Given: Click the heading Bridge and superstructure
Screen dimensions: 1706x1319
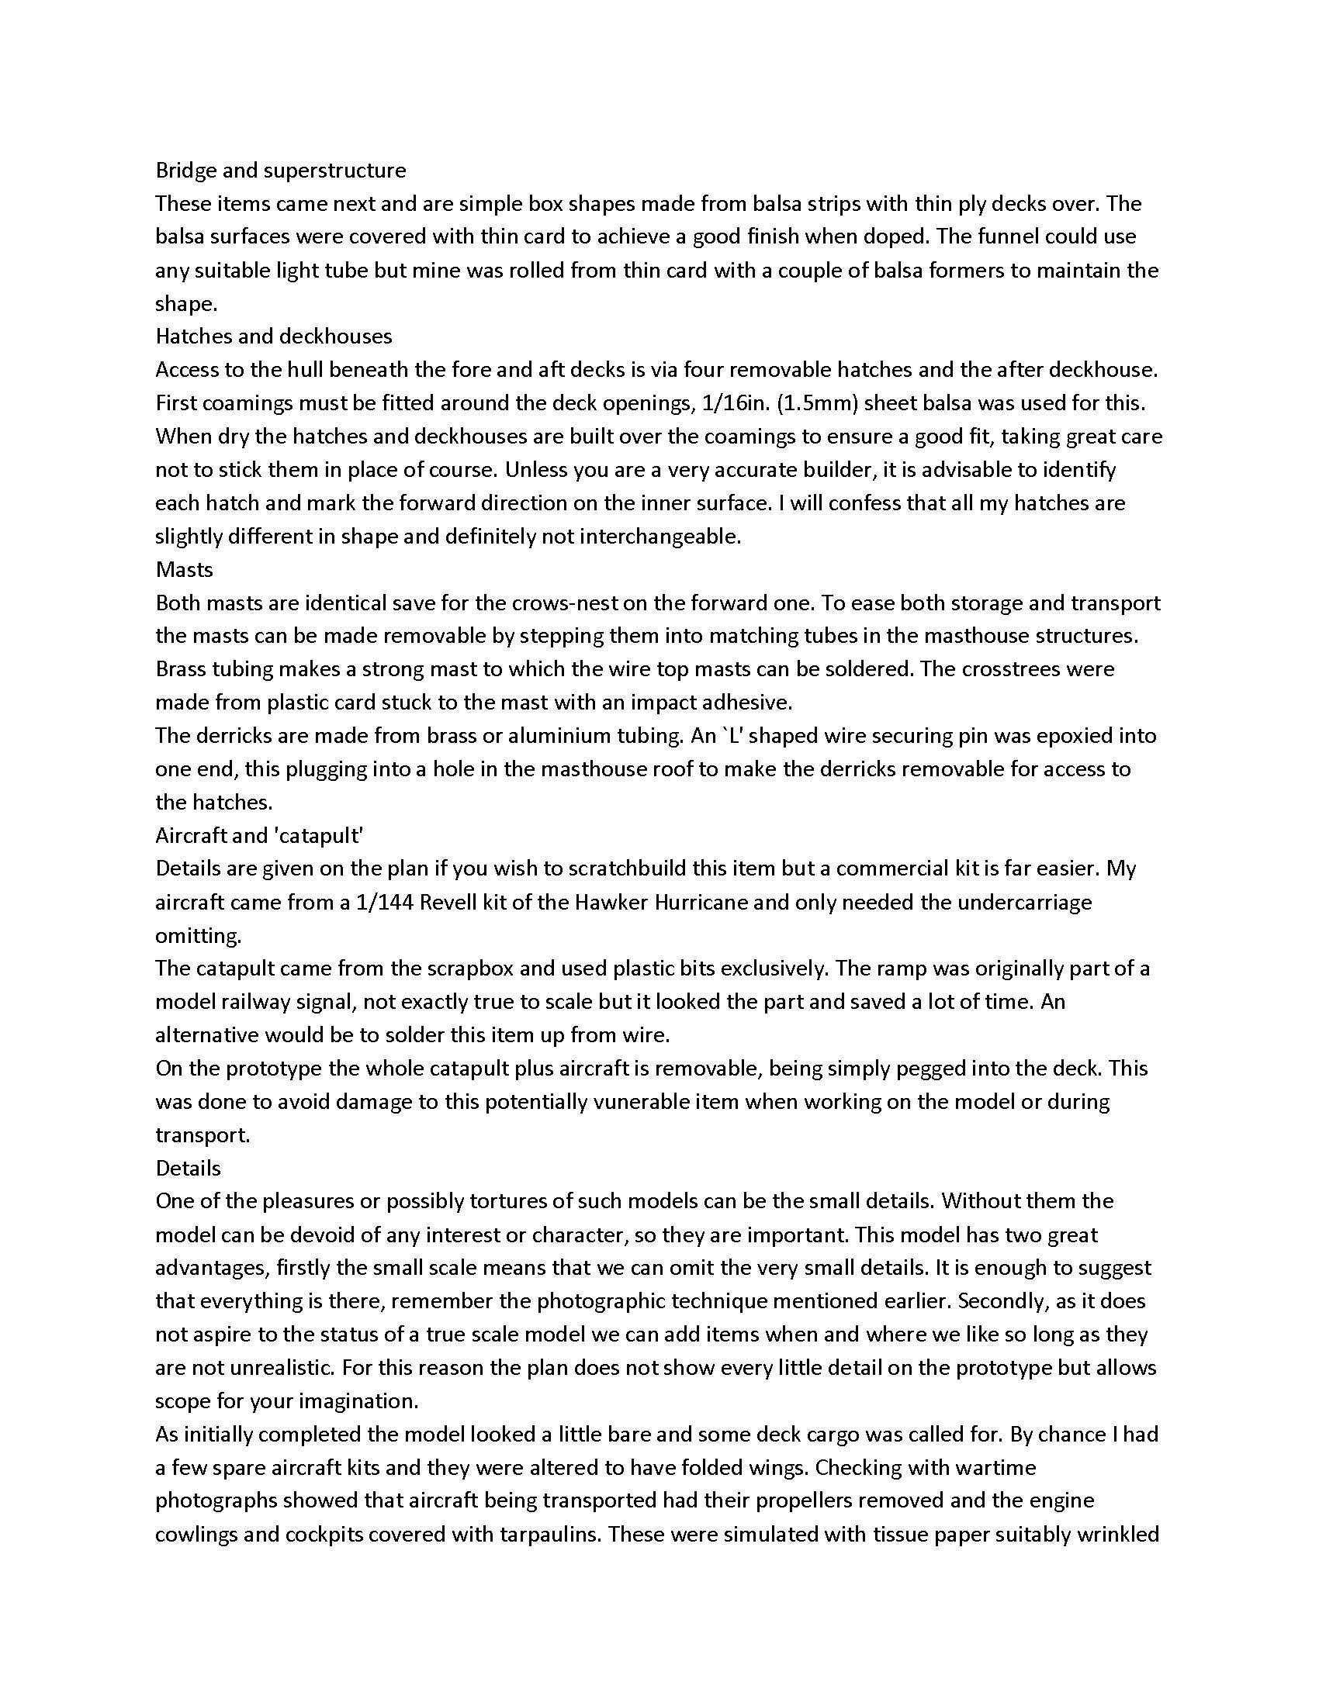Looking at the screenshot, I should pyautogui.click(x=281, y=171).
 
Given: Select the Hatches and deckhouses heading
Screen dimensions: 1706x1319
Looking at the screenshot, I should pyautogui.click(x=273, y=336).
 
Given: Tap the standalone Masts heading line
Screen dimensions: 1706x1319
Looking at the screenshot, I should pyautogui.click(x=185, y=569).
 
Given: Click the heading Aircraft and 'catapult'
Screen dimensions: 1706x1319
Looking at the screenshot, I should pyautogui.click(x=259, y=836).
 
